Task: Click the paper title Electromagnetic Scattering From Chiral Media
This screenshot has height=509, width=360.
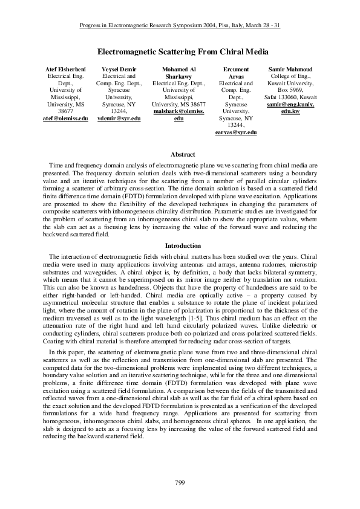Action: [179, 52]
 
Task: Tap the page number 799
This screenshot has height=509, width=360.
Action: [179, 481]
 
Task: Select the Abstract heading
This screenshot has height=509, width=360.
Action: [179, 155]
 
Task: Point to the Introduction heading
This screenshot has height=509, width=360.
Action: [179, 246]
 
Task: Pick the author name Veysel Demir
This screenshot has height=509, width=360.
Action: [119, 70]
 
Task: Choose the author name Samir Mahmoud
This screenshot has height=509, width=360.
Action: [292, 70]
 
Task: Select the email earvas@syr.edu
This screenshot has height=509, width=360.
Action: [236, 131]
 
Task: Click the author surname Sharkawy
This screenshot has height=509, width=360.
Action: [179, 77]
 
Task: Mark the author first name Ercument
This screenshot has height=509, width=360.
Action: [236, 70]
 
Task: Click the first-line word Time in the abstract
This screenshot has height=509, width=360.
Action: [53, 165]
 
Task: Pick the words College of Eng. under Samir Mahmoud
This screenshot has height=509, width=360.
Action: [292, 77]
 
